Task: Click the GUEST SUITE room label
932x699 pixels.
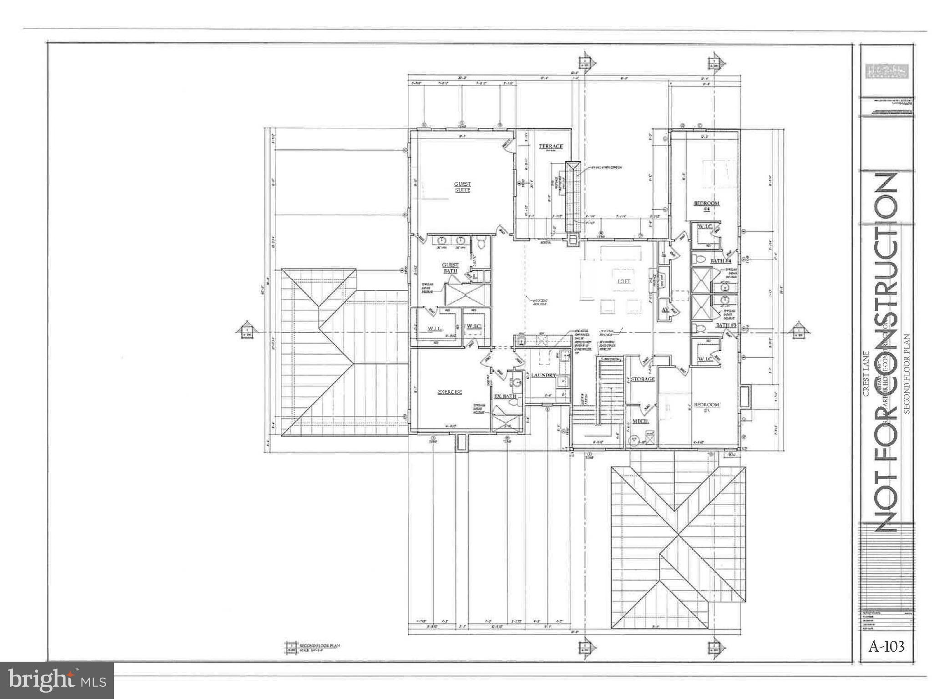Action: click(x=462, y=187)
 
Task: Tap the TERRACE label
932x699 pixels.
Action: click(x=551, y=146)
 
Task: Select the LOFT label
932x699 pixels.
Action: click(x=624, y=281)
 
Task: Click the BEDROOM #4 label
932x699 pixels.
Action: click(x=706, y=206)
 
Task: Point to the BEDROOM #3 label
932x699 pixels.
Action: click(x=706, y=407)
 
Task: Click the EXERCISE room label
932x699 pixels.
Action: click(x=450, y=392)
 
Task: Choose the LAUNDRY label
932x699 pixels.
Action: click(x=544, y=375)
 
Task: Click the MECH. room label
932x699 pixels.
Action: click(x=640, y=421)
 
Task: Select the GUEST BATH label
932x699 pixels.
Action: click(x=451, y=268)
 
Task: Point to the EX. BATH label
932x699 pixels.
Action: click(x=505, y=396)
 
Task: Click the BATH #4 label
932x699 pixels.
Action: click(x=720, y=261)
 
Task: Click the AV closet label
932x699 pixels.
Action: click(x=665, y=309)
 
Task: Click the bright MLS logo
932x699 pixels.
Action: click(x=57, y=680)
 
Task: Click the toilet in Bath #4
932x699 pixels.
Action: click(x=699, y=260)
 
